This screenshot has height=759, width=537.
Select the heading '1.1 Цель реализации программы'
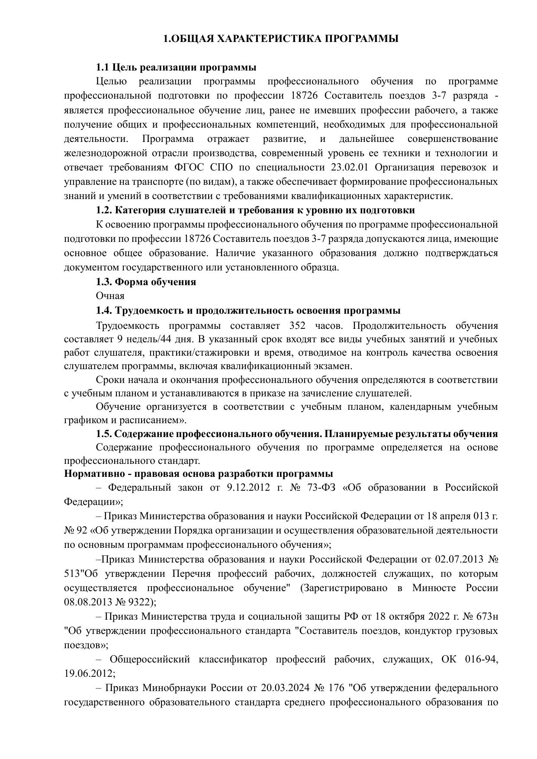pyautogui.click(x=176, y=68)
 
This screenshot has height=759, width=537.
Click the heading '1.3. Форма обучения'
pyautogui.click(x=146, y=282)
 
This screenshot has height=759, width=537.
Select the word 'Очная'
pyautogui.click(x=110, y=296)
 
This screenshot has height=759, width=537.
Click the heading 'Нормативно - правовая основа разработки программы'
pyautogui.click(x=199, y=473)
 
